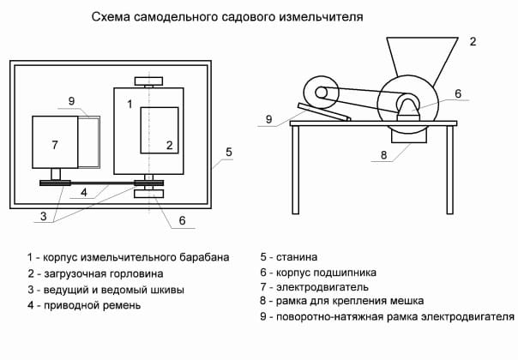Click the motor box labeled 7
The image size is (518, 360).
(x=54, y=141)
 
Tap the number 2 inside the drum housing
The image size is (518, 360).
(x=169, y=144)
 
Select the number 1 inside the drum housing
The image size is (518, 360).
(x=129, y=104)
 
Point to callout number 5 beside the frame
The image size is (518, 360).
(x=228, y=152)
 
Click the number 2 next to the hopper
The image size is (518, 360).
(x=472, y=40)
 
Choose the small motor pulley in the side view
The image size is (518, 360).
(x=323, y=91)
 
